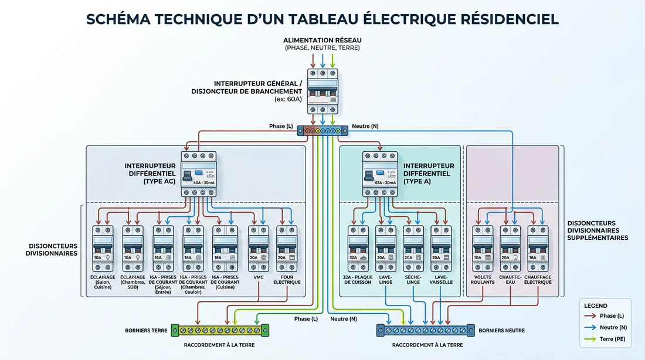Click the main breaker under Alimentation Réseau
coord(323,91)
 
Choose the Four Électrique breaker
coord(286,248)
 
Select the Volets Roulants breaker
coord(483,248)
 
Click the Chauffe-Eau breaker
coord(510,248)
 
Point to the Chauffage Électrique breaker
coord(538,248)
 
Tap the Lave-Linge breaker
coord(385,248)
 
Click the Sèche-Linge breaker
coord(413,248)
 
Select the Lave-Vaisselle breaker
coord(441,248)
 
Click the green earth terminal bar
coord(220,331)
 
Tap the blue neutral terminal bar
coord(425,331)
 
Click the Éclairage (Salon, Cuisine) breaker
coord(103,248)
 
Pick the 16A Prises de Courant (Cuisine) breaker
coord(225,248)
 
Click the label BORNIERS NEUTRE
coord(501,331)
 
